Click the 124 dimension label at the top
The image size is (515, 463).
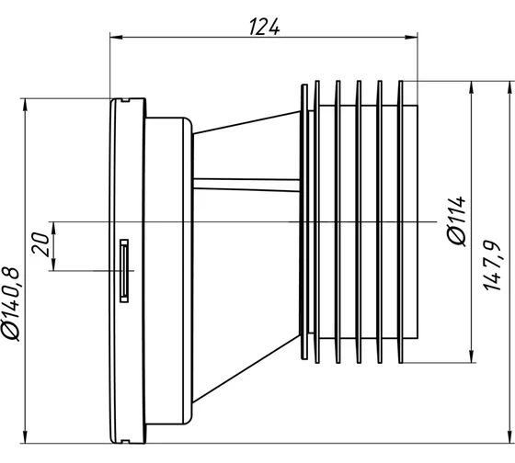(265, 27)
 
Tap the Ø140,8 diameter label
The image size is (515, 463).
(11, 304)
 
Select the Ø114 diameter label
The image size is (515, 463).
(457, 220)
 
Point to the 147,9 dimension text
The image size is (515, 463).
(492, 265)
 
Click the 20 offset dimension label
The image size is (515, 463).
(40, 244)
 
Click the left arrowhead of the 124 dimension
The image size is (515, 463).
(116, 37)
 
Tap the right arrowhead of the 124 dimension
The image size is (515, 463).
(412, 37)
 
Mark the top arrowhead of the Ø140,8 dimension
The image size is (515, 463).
(25, 105)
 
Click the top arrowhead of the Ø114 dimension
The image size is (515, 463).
(472, 87)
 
